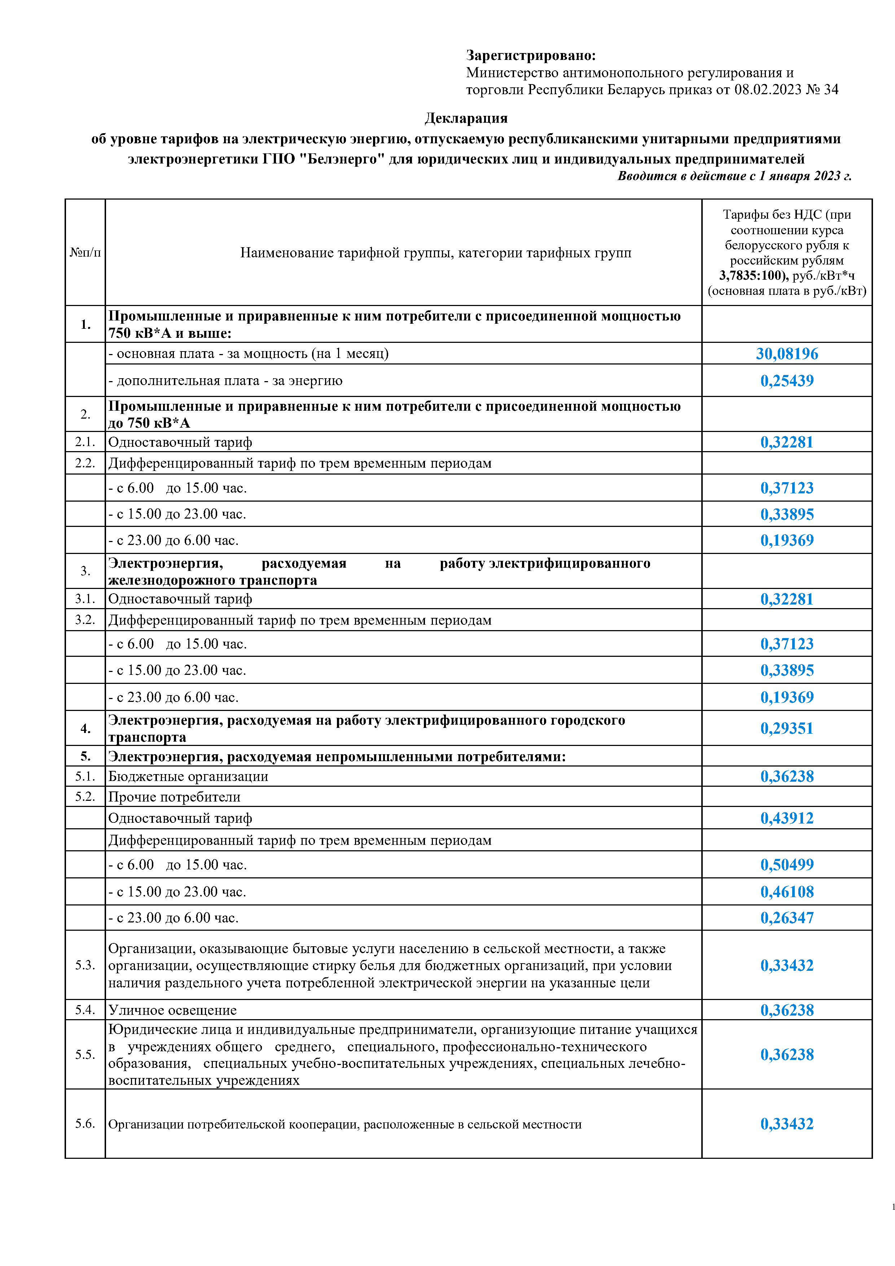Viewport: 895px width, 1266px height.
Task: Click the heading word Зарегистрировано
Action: pos(531,56)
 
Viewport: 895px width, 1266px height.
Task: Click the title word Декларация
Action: pos(466,118)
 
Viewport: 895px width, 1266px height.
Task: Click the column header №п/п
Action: pos(85,253)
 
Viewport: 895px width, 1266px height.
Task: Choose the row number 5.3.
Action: pos(85,965)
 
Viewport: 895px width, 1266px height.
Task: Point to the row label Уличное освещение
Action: pos(172,1010)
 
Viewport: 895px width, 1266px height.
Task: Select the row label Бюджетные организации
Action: pos(188,776)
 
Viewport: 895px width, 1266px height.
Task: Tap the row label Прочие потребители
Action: pos(174,797)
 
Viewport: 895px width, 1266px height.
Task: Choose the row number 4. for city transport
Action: pos(85,728)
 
